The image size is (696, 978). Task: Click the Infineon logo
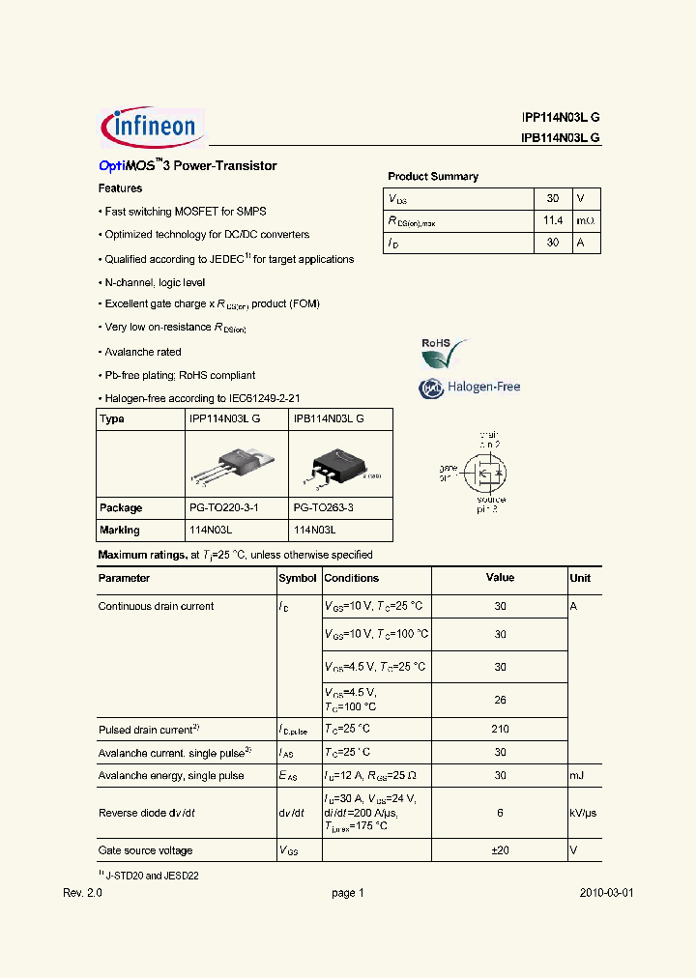coord(151,126)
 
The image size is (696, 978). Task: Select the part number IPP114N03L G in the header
coord(560,117)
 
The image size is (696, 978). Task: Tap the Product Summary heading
coord(433,177)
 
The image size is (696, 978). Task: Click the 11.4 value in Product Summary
coord(552,220)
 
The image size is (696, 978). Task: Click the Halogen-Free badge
coord(470,388)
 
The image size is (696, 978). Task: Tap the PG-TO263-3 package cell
coord(324,508)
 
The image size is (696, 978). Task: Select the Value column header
coord(500,578)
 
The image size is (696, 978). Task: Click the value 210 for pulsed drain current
coord(500,730)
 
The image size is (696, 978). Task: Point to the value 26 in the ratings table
coord(500,700)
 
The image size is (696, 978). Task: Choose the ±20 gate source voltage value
coord(500,850)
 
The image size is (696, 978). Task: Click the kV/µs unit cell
coord(583,813)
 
